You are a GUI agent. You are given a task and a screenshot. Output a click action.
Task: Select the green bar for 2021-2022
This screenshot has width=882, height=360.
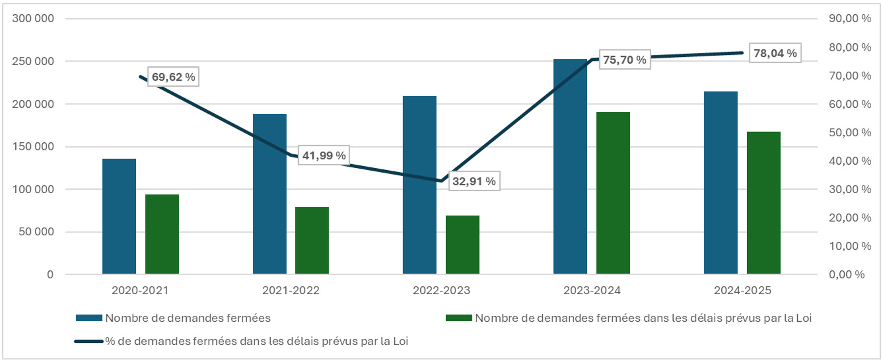pyautogui.click(x=312, y=240)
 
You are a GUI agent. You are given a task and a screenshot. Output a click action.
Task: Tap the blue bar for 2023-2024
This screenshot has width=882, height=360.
pyautogui.click(x=570, y=167)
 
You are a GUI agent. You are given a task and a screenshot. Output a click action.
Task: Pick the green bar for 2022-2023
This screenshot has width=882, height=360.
pyautogui.click(x=462, y=244)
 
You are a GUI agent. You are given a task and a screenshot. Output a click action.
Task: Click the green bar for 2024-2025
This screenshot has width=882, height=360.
pyautogui.click(x=763, y=203)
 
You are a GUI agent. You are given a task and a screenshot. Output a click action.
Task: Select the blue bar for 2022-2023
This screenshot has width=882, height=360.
pyautogui.click(x=420, y=185)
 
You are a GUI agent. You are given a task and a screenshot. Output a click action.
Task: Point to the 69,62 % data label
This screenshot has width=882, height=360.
pyautogui.click(x=173, y=77)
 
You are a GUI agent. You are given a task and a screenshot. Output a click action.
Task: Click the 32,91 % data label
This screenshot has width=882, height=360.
pyautogui.click(x=474, y=181)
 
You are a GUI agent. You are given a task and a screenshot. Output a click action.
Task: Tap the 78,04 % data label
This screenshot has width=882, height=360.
pyautogui.click(x=775, y=53)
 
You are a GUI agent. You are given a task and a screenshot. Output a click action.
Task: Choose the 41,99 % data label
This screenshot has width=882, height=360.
pyautogui.click(x=324, y=155)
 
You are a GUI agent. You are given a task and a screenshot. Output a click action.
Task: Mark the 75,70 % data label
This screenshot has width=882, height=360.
pyautogui.click(x=625, y=60)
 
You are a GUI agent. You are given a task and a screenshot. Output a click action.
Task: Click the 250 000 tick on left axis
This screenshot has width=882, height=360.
pyautogui.click(x=33, y=61)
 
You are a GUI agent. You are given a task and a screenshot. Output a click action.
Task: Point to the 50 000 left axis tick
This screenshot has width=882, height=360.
pyautogui.click(x=36, y=231)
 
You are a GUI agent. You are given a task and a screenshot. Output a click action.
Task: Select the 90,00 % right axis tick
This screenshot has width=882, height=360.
pyautogui.click(x=850, y=19)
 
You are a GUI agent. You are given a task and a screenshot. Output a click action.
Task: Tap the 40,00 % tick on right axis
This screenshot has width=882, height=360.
pyautogui.click(x=850, y=161)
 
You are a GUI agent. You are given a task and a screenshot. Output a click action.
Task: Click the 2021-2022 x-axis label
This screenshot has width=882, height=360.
pyautogui.click(x=291, y=290)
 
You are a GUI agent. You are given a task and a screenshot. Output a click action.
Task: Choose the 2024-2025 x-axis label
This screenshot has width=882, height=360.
pyautogui.click(x=742, y=290)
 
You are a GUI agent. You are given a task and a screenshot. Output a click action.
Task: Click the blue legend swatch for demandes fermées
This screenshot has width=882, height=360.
pyautogui.click(x=89, y=318)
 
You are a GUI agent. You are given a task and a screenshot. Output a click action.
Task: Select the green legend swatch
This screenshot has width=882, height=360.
pyautogui.click(x=458, y=318)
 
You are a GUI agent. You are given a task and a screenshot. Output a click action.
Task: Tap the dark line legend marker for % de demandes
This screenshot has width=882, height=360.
pyautogui.click(x=89, y=341)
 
